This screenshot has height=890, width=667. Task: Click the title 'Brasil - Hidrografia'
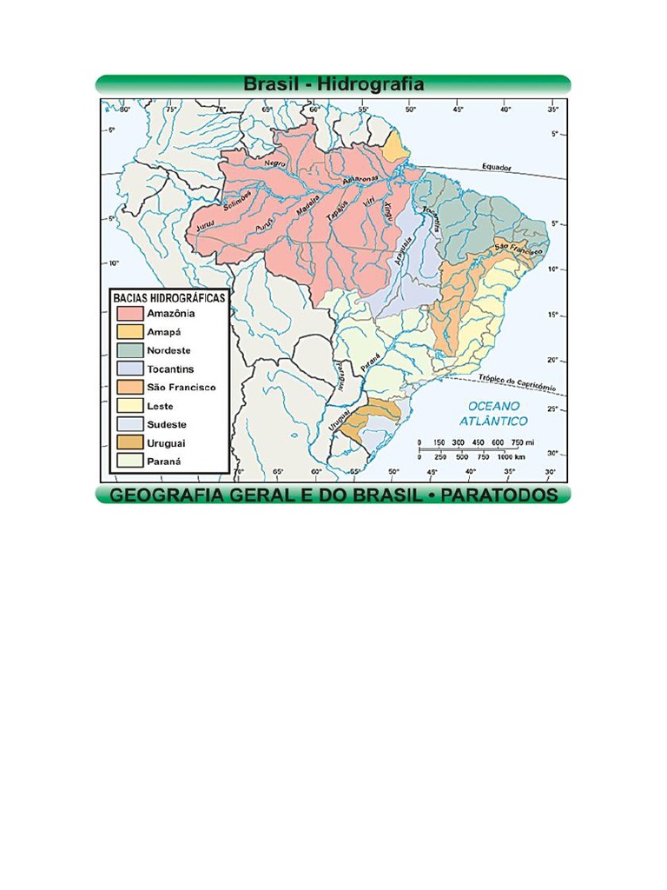coord(333,84)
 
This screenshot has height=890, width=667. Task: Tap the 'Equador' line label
coord(499,167)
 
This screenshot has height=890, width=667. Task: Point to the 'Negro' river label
coord(275,163)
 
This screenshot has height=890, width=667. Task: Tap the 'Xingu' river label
coord(387,211)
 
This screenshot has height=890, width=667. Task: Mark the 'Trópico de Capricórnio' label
coord(518,381)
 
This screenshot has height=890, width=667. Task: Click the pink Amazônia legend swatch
coord(129,313)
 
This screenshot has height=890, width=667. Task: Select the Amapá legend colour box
coord(129,331)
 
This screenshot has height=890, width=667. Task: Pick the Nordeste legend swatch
coord(129,350)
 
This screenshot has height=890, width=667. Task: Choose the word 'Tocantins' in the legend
coord(170,369)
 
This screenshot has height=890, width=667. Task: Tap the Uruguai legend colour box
coord(129,443)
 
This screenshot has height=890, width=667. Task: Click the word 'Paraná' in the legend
coord(164,462)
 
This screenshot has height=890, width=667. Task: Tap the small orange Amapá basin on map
coord(396,149)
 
